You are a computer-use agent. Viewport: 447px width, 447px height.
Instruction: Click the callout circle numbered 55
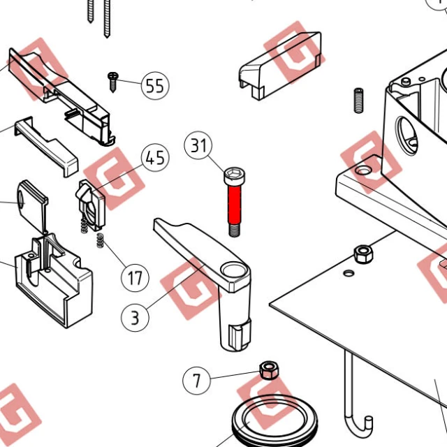click(155, 85)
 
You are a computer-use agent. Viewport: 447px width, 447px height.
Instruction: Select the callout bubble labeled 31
click(198, 145)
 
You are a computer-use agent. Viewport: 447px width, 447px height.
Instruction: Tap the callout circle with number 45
click(155, 158)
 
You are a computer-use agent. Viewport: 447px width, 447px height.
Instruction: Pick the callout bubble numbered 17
click(135, 278)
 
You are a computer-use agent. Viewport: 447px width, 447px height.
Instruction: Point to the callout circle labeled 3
click(135, 318)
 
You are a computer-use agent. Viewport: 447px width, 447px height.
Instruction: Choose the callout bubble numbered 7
click(197, 380)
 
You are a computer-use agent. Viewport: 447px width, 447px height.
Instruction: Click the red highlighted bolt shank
click(235, 205)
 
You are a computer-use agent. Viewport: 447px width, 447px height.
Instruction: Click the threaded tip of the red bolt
click(235, 230)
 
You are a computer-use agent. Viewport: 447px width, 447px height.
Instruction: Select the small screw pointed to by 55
click(113, 82)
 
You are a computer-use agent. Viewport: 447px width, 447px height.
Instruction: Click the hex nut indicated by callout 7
click(269, 370)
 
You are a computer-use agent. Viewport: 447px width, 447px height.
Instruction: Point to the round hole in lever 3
click(233, 270)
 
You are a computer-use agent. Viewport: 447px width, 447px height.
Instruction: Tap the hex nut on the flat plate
click(363, 254)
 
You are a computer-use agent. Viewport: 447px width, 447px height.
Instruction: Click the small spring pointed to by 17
click(99, 240)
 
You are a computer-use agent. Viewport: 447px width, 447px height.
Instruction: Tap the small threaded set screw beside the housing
click(358, 101)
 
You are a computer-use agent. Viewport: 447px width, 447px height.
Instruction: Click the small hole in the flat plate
click(349, 273)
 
